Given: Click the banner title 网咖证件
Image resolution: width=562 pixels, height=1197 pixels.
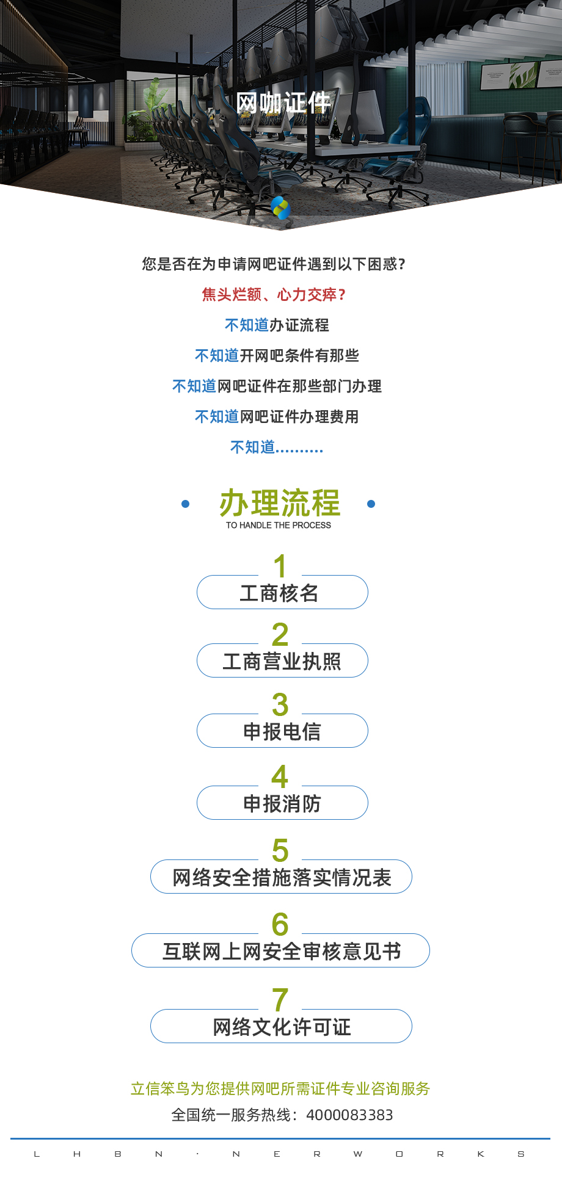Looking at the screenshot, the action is point(283,103).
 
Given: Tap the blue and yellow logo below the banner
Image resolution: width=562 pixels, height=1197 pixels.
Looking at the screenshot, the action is point(280,208).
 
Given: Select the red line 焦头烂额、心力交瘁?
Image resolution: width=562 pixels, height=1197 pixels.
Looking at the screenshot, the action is point(274,295).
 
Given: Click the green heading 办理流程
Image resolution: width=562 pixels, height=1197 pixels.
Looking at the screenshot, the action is point(280,503).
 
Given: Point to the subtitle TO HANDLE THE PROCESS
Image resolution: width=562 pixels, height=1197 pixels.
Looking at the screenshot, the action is point(279,525).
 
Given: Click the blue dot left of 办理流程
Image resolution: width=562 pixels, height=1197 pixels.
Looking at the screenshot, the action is point(186,504).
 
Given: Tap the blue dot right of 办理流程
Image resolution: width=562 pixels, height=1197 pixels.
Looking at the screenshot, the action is point(371,504).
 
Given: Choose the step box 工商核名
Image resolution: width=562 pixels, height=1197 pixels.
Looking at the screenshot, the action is point(282,592).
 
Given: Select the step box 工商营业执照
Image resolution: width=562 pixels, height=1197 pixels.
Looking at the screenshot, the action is point(282,660).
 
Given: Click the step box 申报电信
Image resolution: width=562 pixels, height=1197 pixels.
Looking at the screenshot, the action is point(282,731).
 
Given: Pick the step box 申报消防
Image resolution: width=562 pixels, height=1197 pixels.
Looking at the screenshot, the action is point(282,803).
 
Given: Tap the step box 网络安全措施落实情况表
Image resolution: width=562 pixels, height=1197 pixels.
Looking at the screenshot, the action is point(281,877).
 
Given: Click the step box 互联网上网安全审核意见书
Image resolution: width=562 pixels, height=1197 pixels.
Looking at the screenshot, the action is point(281,950).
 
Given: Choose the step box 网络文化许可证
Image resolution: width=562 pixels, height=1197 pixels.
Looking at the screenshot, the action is point(281,1026).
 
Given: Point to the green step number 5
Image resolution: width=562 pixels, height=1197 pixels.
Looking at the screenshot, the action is point(280,850).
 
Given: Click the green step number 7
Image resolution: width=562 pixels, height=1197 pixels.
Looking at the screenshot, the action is point(280,1000).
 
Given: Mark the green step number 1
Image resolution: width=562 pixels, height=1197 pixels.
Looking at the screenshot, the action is point(280,566).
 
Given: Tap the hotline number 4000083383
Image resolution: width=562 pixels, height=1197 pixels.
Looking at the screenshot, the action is point(349,1115).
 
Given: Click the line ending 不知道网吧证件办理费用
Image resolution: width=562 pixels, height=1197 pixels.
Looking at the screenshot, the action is point(277,417).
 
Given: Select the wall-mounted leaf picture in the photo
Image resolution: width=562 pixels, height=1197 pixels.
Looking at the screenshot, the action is point(524,75).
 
